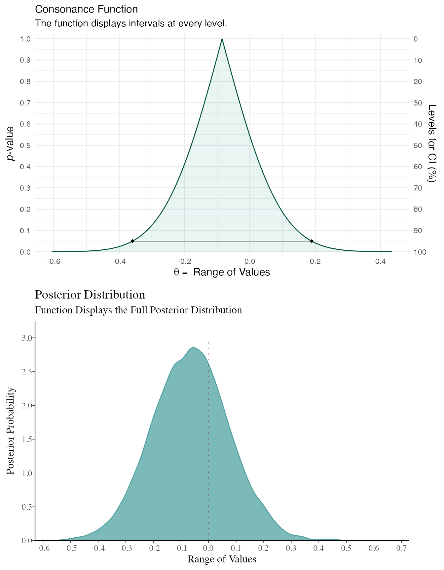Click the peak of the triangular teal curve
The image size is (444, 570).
(x=222, y=40)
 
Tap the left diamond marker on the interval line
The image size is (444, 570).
(x=132, y=241)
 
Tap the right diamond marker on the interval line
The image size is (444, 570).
(x=312, y=241)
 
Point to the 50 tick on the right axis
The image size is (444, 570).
(x=418, y=145)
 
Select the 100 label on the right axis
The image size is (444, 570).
(x=420, y=252)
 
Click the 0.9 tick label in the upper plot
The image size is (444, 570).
(x=25, y=60)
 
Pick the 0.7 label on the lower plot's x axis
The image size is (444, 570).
(x=401, y=548)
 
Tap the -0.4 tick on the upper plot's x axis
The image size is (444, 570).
(x=119, y=262)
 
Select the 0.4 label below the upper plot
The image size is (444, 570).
(x=381, y=262)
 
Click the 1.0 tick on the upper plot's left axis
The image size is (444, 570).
(x=25, y=39)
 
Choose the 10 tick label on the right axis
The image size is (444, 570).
(x=418, y=60)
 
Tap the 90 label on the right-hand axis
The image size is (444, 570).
(x=418, y=231)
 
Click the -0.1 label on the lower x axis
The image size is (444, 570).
(x=180, y=548)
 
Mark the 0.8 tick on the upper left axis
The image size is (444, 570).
(x=25, y=81)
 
